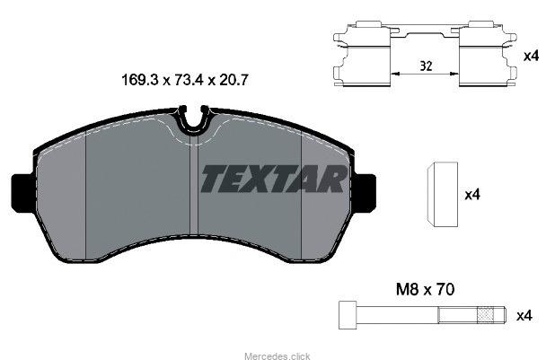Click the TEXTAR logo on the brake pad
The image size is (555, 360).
coord(274,180)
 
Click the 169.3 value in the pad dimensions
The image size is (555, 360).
coord(140,80)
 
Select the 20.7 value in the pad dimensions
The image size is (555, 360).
coord(233,80)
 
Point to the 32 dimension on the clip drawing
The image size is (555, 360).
coord(426,66)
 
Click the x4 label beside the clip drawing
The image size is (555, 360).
coord(531,56)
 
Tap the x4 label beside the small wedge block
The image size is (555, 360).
coord(472,194)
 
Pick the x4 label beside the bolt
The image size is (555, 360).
coord(524,315)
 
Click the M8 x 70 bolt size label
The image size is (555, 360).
coord(425,290)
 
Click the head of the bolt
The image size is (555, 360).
coord(348,315)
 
